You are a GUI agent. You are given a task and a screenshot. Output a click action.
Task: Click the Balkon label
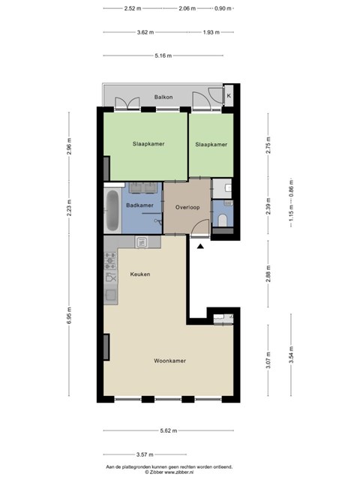(163, 97)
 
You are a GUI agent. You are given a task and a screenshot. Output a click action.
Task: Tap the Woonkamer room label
(170, 361)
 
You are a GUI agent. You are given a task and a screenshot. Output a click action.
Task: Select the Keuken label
(140, 274)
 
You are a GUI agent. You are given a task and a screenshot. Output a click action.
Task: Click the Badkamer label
(139, 205)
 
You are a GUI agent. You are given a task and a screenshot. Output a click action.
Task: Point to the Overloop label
(187, 207)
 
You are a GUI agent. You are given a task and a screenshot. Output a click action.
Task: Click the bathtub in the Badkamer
(112, 210)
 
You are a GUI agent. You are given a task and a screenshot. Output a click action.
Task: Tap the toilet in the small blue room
(223, 220)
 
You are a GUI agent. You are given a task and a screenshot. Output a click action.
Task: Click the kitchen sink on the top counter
(142, 242)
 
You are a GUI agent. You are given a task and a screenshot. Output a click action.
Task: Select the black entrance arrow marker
(200, 246)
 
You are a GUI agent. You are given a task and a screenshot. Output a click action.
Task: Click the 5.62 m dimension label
(169, 430)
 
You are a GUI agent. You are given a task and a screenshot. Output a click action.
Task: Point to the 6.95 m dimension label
(69, 315)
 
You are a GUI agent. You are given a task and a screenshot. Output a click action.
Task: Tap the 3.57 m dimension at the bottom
(145, 454)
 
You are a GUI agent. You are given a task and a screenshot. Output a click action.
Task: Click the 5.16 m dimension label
(163, 55)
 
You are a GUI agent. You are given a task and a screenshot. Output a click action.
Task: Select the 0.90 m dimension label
(223, 8)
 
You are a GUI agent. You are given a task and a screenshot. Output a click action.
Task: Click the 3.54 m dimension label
(291, 355)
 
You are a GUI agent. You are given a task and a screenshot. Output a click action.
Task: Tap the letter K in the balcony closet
(229, 96)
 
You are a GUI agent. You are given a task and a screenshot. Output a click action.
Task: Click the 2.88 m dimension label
(268, 274)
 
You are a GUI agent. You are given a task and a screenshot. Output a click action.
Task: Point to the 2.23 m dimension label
(69, 208)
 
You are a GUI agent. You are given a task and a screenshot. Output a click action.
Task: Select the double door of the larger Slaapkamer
(127, 103)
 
